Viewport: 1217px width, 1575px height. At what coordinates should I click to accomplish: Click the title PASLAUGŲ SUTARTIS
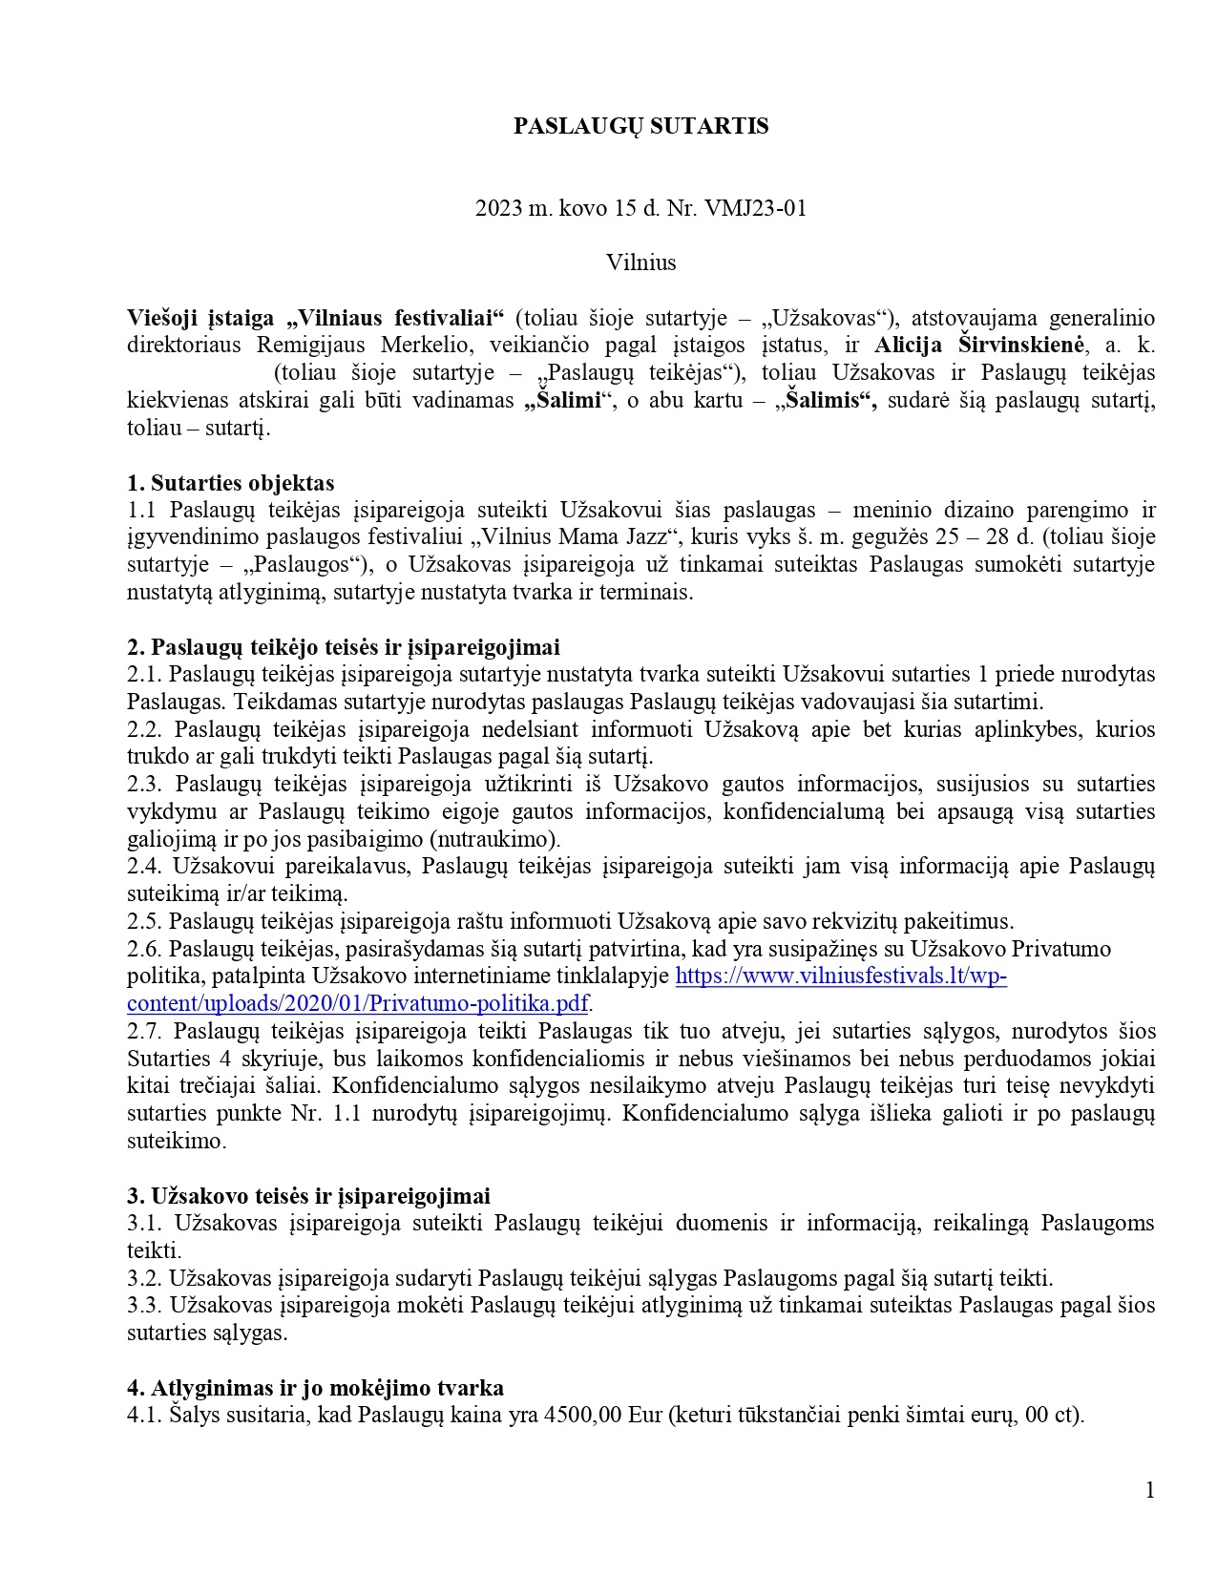click(x=640, y=127)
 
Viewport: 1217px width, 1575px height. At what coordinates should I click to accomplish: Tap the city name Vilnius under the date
click(x=640, y=262)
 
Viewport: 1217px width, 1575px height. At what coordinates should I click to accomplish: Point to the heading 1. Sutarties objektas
click(x=230, y=483)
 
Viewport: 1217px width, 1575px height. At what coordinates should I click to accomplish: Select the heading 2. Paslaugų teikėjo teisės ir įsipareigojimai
click(x=343, y=647)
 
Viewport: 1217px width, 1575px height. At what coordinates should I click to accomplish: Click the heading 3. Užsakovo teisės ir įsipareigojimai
click(x=308, y=1196)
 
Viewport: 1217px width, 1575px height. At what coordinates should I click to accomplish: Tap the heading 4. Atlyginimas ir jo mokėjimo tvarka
click(x=315, y=1388)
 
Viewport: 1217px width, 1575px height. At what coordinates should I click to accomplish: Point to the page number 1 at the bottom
click(x=1149, y=1490)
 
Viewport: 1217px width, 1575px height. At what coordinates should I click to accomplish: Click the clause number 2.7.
click(x=145, y=1032)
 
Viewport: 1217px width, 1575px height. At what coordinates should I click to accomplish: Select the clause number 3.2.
click(x=145, y=1278)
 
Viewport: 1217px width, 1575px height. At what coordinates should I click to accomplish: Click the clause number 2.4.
click(x=145, y=867)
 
